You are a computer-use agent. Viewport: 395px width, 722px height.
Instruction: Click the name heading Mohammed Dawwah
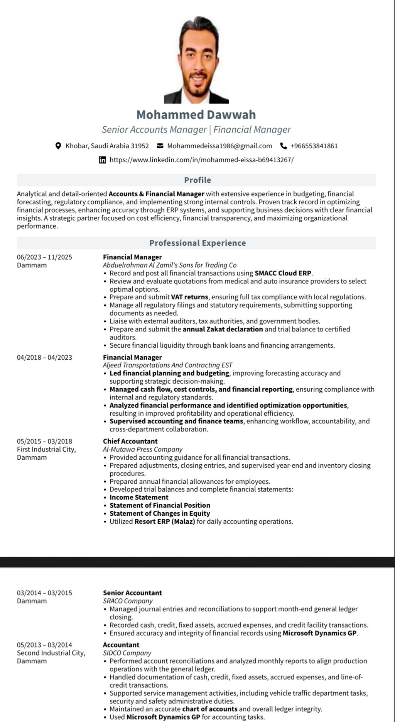tap(196, 115)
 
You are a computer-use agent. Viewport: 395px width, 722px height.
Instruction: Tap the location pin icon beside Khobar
tap(58, 146)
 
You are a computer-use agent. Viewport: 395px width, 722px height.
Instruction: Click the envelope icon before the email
tap(160, 146)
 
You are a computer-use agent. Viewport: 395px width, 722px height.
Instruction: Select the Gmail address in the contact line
tap(219, 146)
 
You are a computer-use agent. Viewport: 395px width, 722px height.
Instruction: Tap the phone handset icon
tap(284, 146)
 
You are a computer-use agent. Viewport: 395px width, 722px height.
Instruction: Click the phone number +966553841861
tap(314, 146)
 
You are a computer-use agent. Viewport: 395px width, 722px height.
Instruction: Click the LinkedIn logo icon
tap(103, 160)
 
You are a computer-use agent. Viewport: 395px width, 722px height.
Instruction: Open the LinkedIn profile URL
tap(201, 160)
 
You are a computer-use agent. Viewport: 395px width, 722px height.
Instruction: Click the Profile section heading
tap(197, 180)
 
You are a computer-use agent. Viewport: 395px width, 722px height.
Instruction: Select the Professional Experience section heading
tap(197, 243)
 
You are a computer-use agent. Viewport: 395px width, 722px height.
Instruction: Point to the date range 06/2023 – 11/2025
tap(44, 257)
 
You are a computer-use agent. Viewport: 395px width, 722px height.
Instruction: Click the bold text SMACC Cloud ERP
tap(283, 273)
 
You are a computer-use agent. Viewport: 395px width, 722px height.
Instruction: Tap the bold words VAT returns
tap(189, 297)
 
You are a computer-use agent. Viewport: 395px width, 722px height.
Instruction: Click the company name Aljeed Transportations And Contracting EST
tap(167, 365)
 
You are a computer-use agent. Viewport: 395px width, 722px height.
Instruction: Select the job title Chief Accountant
tap(130, 441)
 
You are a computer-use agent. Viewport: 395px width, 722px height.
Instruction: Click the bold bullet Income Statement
tap(139, 498)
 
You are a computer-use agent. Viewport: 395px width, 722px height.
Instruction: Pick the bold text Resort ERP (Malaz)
tap(165, 522)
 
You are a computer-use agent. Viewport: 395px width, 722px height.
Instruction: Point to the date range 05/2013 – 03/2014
tap(44, 645)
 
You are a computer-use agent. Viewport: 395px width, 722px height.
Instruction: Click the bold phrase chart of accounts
tap(210, 709)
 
